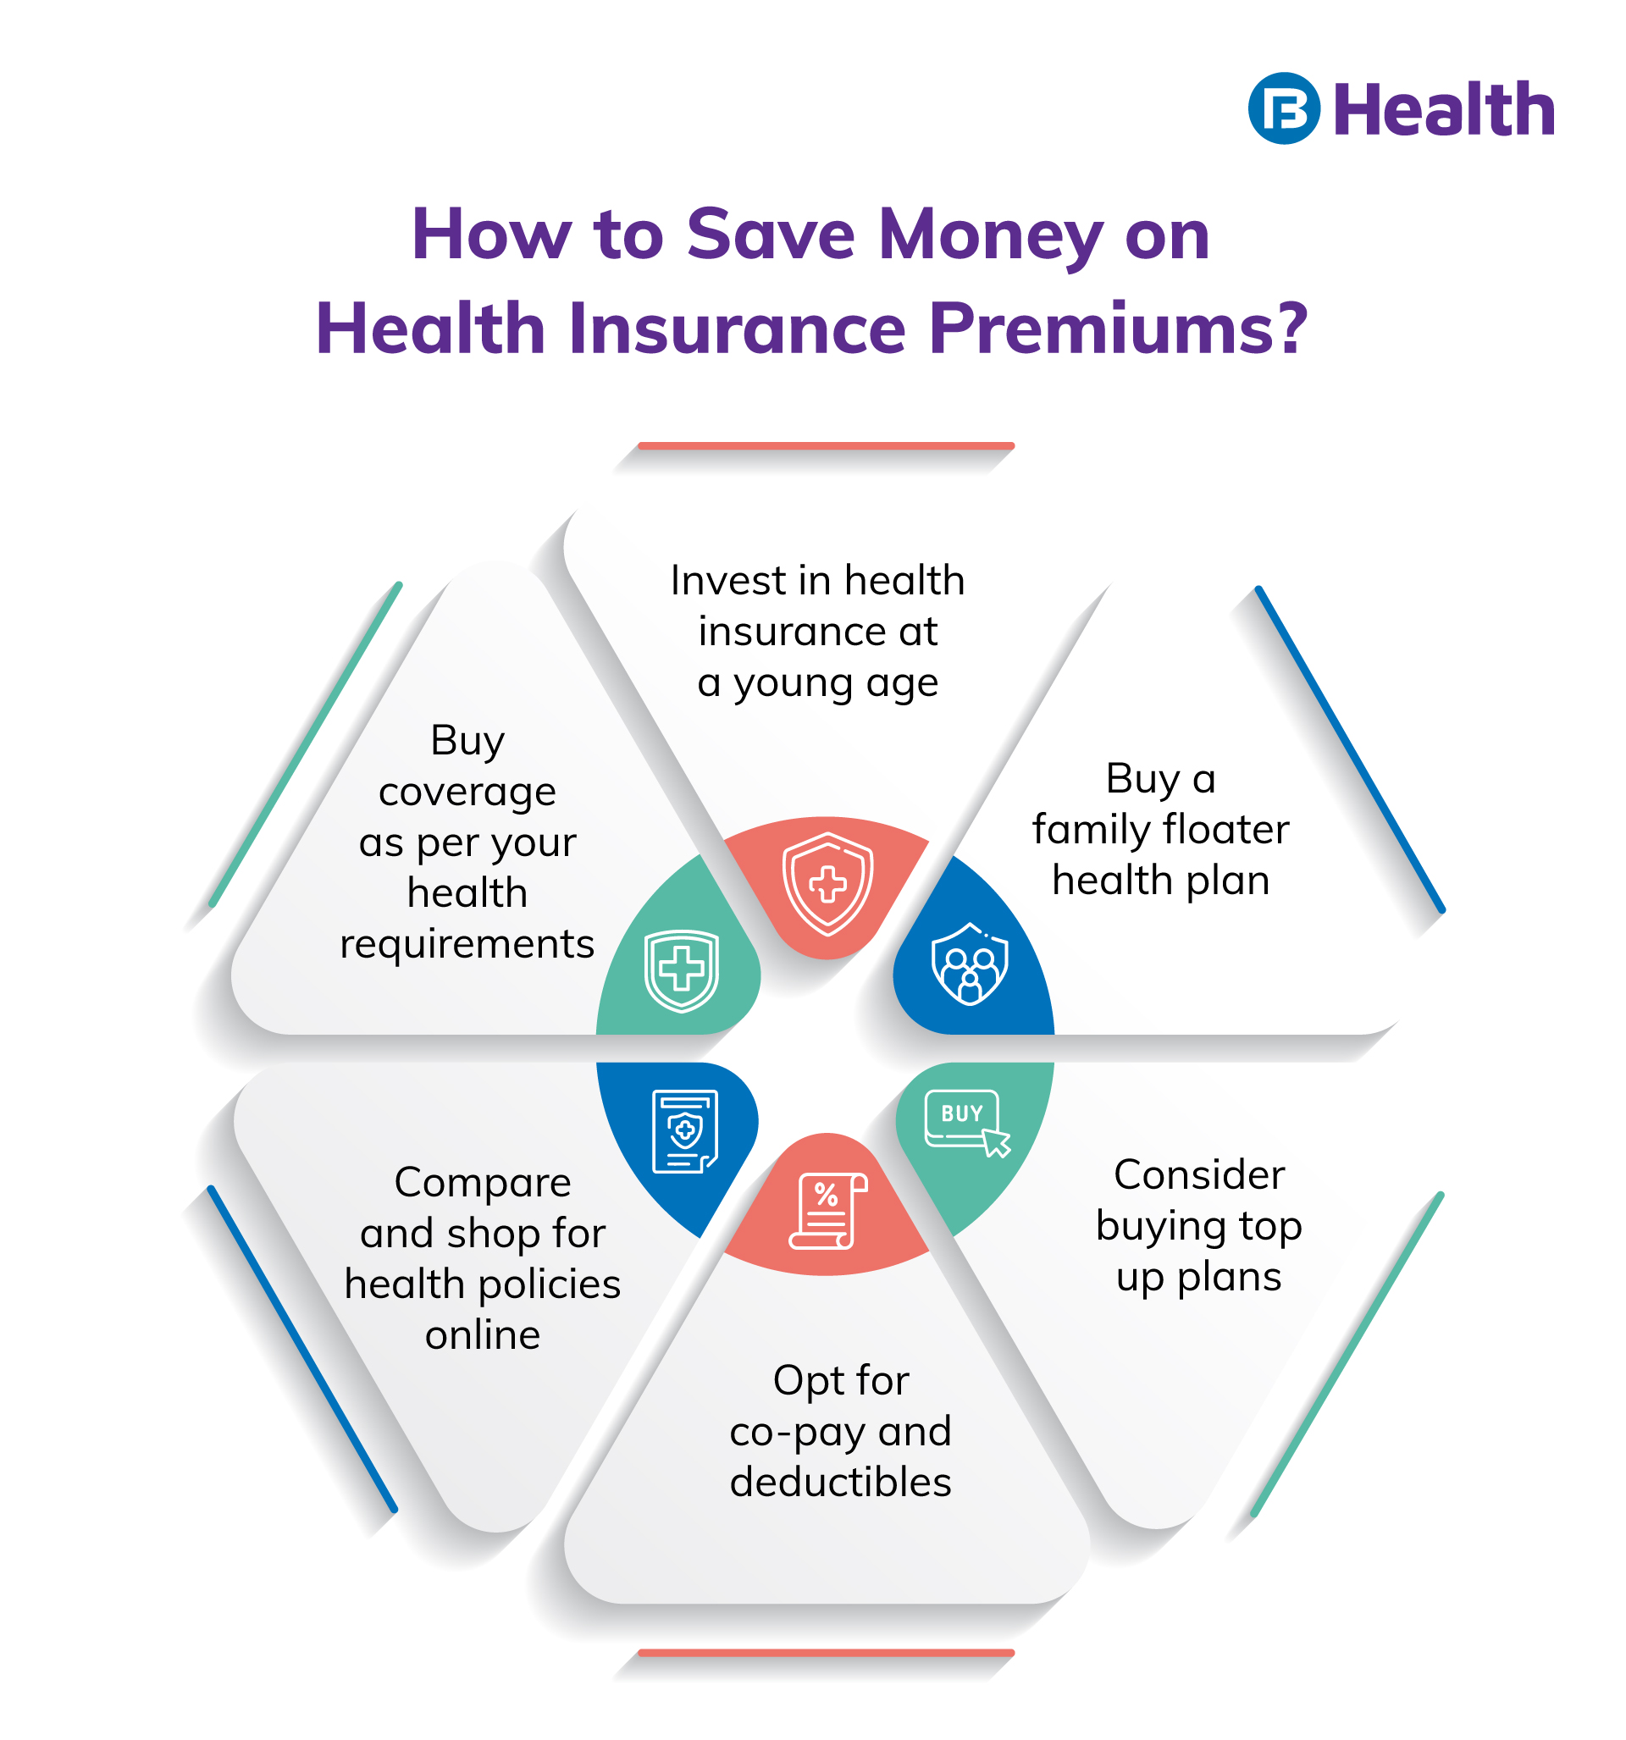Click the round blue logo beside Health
(x=1284, y=108)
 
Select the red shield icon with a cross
(x=827, y=883)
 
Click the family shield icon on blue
(x=970, y=964)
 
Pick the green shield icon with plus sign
(x=681, y=969)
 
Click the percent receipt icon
(x=827, y=1211)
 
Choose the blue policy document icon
(x=685, y=1131)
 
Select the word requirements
(x=467, y=944)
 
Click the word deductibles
(x=840, y=1483)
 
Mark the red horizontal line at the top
(x=826, y=446)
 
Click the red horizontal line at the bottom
(x=826, y=1653)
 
